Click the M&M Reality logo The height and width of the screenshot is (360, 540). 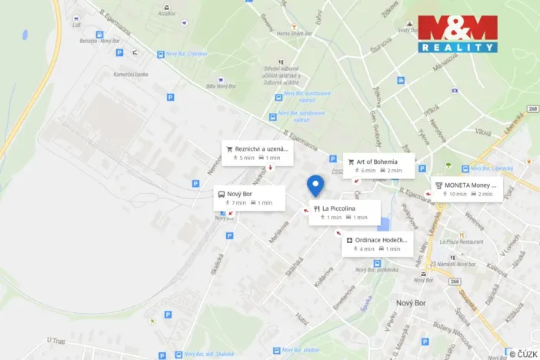coord(458,34)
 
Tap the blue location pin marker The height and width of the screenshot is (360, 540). coord(315,185)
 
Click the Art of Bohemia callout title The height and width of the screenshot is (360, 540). coord(377,162)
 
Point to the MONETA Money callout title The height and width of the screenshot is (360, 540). coord(471,185)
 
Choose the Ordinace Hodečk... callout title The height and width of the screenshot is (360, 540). coord(382,240)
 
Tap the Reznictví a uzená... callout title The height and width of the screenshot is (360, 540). coord(262,148)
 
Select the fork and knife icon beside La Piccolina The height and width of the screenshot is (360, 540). coord(316,208)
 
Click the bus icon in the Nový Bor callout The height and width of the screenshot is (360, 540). coord(222,194)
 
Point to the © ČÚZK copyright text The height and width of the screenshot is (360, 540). coord(523,354)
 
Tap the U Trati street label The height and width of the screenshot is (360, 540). coord(57,339)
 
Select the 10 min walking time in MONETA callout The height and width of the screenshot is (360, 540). coord(458,194)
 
